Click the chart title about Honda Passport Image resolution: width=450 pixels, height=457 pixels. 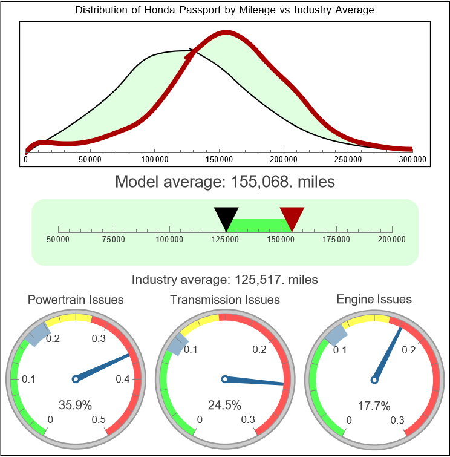(x=225, y=10)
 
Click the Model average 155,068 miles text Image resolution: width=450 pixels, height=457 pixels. (x=225, y=181)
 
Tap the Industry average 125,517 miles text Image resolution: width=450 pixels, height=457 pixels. (x=225, y=280)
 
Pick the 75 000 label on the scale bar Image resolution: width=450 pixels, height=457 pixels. (x=114, y=240)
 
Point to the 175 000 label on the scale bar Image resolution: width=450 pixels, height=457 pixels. (x=336, y=240)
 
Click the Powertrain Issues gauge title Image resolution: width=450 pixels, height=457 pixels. (x=76, y=300)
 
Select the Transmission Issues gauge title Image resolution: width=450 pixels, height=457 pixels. (x=225, y=300)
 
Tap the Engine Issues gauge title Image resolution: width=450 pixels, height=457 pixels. (x=374, y=299)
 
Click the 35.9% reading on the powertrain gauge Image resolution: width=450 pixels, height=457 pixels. (x=74, y=405)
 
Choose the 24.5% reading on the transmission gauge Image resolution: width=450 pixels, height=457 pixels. (x=224, y=405)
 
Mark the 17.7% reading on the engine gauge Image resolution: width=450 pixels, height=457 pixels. (x=373, y=405)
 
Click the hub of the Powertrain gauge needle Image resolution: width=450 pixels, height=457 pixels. (x=75, y=379)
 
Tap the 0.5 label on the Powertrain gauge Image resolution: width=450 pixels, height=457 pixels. (x=99, y=420)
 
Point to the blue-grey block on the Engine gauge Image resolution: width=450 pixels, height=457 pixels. (x=334, y=332)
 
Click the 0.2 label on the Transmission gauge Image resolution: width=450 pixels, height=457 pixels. (x=259, y=350)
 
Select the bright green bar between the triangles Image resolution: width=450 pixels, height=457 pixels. (x=259, y=225)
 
